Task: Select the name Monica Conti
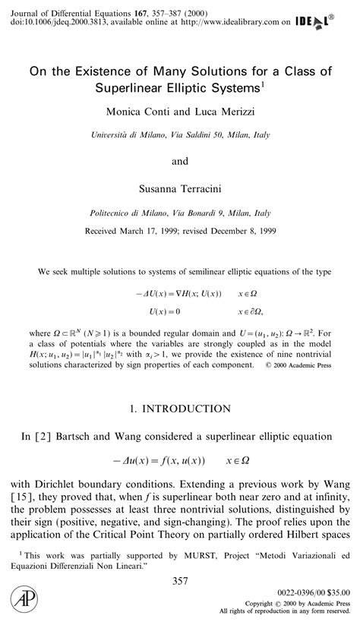134,112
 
